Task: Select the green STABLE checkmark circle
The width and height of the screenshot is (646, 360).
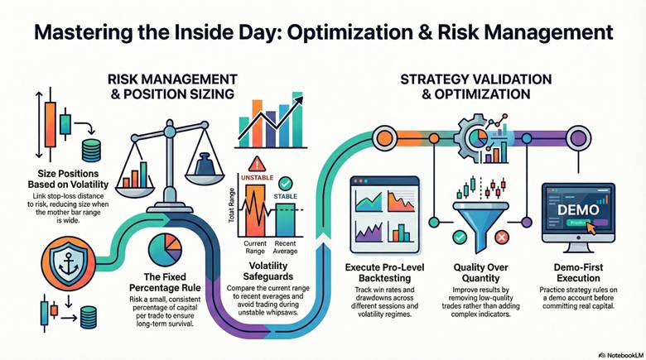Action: click(x=286, y=182)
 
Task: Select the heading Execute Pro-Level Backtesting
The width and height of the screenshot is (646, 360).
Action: click(x=384, y=273)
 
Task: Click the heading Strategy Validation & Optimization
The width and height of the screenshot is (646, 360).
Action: click(x=475, y=86)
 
